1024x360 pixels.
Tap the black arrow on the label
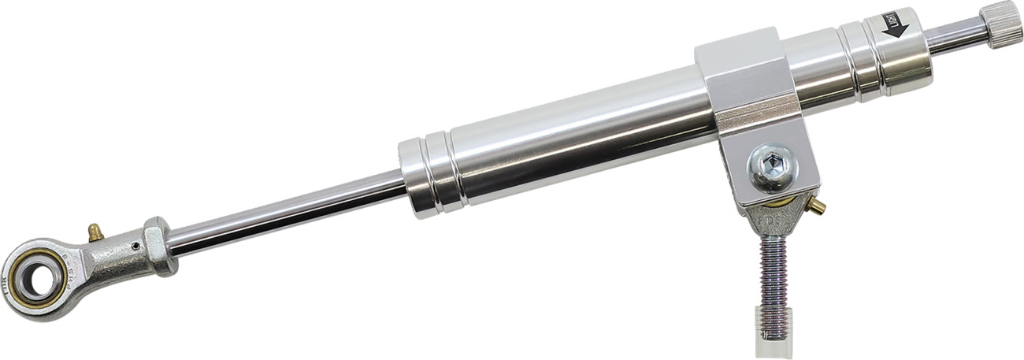click(x=896, y=28)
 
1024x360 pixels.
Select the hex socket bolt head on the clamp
click(x=773, y=166)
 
